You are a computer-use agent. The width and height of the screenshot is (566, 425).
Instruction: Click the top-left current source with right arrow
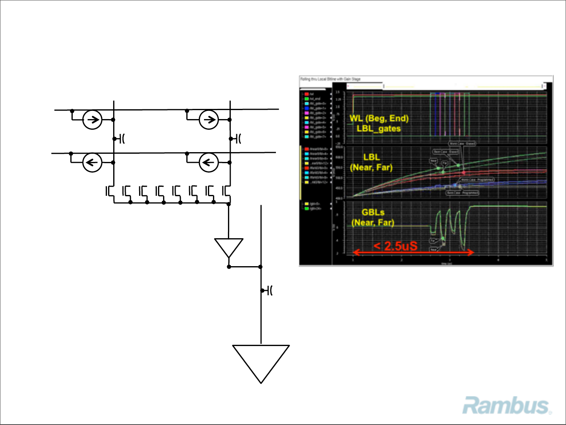click(x=92, y=120)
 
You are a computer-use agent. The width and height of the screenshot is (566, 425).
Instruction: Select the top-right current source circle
click(x=209, y=120)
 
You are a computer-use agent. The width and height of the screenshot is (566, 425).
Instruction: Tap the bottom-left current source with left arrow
click(x=92, y=162)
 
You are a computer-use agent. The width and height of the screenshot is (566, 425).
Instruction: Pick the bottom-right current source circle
click(x=209, y=162)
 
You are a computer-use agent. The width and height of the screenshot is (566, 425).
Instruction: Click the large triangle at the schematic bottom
click(x=261, y=360)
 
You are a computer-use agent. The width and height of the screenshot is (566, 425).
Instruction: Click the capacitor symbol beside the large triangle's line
click(x=268, y=291)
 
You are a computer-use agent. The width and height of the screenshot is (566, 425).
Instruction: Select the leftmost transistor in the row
click(x=110, y=191)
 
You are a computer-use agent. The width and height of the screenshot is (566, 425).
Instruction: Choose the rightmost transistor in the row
click(x=226, y=191)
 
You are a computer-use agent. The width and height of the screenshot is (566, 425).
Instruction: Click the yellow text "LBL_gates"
click(x=379, y=129)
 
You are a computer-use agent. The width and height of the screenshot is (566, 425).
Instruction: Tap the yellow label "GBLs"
click(x=373, y=212)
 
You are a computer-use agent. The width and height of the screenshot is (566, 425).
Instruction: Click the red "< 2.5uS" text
click(x=395, y=246)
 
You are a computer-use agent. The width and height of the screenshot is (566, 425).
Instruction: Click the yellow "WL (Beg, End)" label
click(x=379, y=118)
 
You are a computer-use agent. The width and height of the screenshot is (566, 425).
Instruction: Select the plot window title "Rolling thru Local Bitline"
click(x=330, y=79)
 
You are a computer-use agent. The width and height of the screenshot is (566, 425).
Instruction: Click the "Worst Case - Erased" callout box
click(x=462, y=144)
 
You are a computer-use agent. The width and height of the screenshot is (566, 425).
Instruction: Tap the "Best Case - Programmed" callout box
click(x=462, y=193)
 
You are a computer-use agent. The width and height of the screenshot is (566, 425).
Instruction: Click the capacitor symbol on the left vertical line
click(x=119, y=139)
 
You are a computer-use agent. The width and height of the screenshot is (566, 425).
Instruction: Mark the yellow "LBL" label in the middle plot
click(x=371, y=157)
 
